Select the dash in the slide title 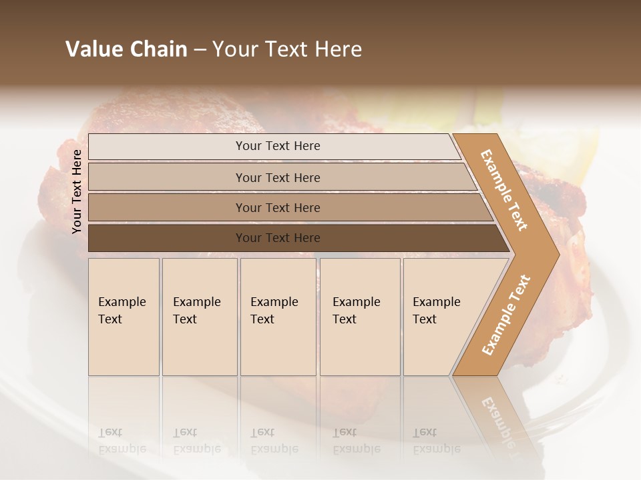coord(200,50)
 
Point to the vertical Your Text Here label coord(77,191)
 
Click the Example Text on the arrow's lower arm coord(506,315)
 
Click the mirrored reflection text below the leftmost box coord(122,441)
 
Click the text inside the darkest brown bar coord(278,238)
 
